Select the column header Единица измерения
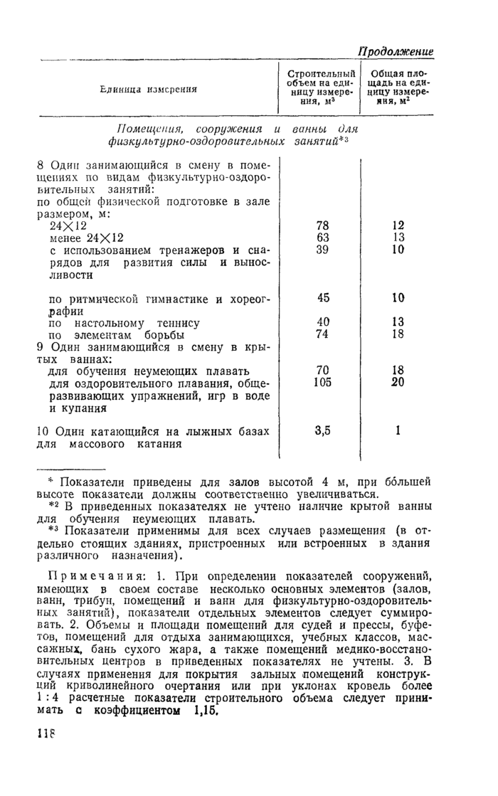point(149,89)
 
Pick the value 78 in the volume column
point(322,225)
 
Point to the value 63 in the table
point(322,237)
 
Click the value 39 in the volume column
point(322,250)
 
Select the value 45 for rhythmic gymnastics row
point(322,298)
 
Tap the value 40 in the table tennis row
point(322,322)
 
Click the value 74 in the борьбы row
point(322,334)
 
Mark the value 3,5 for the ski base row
point(322,430)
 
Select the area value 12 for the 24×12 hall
point(398,225)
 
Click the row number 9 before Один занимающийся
point(40,347)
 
